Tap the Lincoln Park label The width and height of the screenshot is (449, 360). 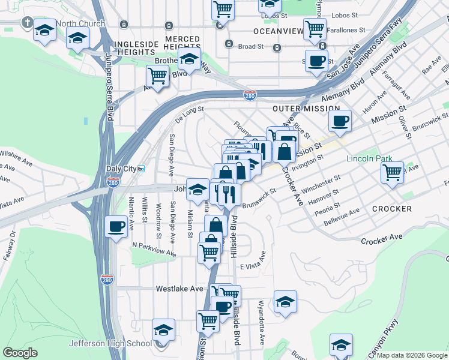[x=369, y=159]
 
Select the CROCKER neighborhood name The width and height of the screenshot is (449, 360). [x=391, y=209]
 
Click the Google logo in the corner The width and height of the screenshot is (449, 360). [x=20, y=353]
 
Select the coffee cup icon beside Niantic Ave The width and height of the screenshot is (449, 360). [x=116, y=227]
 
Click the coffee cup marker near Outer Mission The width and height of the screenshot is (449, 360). [x=340, y=121]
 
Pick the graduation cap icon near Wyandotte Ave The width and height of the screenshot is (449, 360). [x=286, y=301]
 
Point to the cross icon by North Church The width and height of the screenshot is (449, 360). [x=26, y=23]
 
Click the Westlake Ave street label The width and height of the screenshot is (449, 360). [x=179, y=289]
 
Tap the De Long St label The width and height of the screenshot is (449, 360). [x=190, y=114]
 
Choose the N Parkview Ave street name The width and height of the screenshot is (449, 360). [x=154, y=249]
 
